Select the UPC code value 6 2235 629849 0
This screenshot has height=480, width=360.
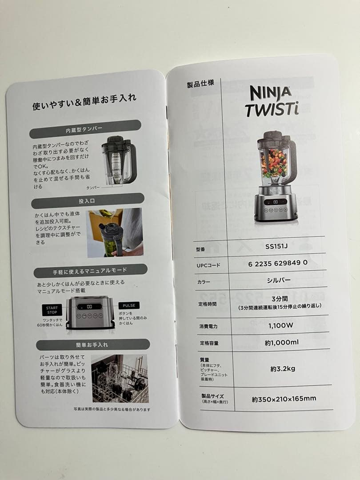(x=278, y=263)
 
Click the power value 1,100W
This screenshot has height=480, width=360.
(x=280, y=325)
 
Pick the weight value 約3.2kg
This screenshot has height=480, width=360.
(x=283, y=368)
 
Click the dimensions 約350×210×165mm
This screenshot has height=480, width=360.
(x=284, y=399)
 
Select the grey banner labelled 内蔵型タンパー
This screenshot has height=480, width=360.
(x=84, y=130)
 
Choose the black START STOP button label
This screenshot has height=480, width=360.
(x=52, y=310)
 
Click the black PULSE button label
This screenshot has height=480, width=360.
(x=128, y=306)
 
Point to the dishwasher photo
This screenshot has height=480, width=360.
(x=120, y=378)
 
